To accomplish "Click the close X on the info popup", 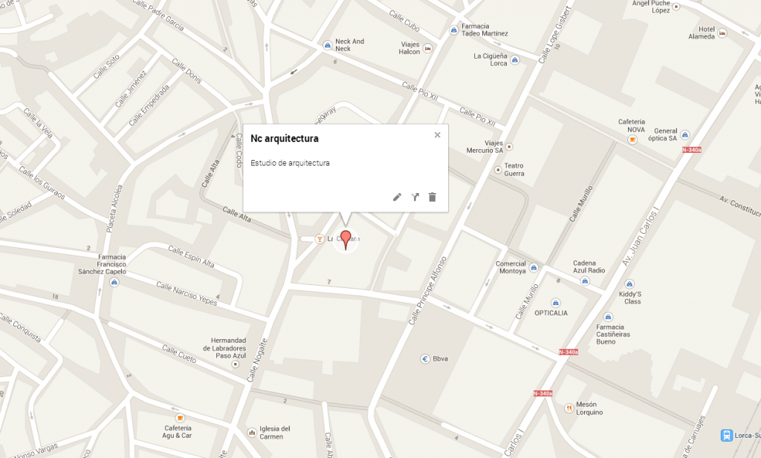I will pos(437,134).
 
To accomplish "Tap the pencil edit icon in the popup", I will pos(397,197).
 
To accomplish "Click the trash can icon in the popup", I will pos(433,197).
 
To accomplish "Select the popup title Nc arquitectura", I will pos(285,138).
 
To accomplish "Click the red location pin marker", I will pos(345,240).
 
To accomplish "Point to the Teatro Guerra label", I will pos(514,169).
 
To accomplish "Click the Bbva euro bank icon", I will pos(425,358).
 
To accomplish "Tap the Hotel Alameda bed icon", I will pos(722,33).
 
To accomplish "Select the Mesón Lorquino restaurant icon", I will pos(568,407).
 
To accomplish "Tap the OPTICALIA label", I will pos(551,313).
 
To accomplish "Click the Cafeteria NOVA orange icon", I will pos(632,139).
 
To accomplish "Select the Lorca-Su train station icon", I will pos(726,435).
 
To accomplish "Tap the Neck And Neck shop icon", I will pos(327,45).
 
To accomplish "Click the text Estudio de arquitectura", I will pos(290,163).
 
